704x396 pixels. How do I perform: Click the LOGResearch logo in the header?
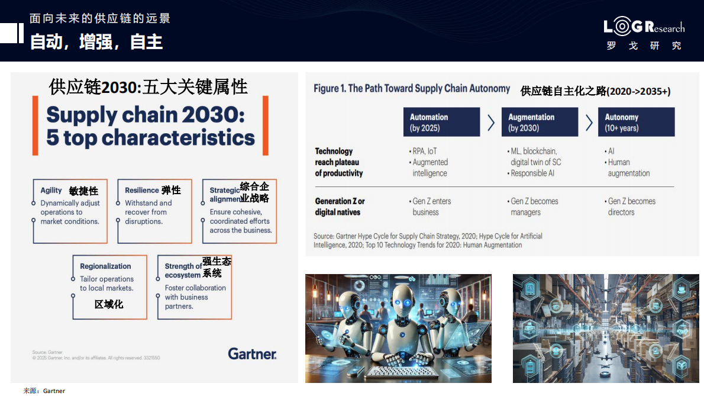point(644,28)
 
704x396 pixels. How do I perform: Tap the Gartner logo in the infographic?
point(252,353)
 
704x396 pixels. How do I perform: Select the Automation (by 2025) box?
point(441,123)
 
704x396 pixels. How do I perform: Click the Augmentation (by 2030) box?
point(539,123)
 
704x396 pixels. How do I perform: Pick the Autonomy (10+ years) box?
point(636,123)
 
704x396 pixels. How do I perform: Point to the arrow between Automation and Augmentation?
point(491,123)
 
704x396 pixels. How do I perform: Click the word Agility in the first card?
point(51,191)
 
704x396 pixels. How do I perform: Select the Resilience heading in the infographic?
point(142,191)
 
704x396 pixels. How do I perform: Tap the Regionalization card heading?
point(105,266)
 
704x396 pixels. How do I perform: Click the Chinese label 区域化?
point(109,304)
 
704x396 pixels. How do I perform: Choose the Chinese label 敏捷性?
point(83,191)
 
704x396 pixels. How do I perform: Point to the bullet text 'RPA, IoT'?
point(424,151)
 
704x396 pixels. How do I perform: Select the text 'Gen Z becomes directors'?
point(631,207)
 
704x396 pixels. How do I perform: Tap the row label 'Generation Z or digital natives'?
point(340,207)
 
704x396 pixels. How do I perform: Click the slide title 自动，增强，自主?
point(96,42)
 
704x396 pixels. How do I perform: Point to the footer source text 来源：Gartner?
point(44,391)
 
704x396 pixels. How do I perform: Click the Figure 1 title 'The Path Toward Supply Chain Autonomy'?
point(412,89)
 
